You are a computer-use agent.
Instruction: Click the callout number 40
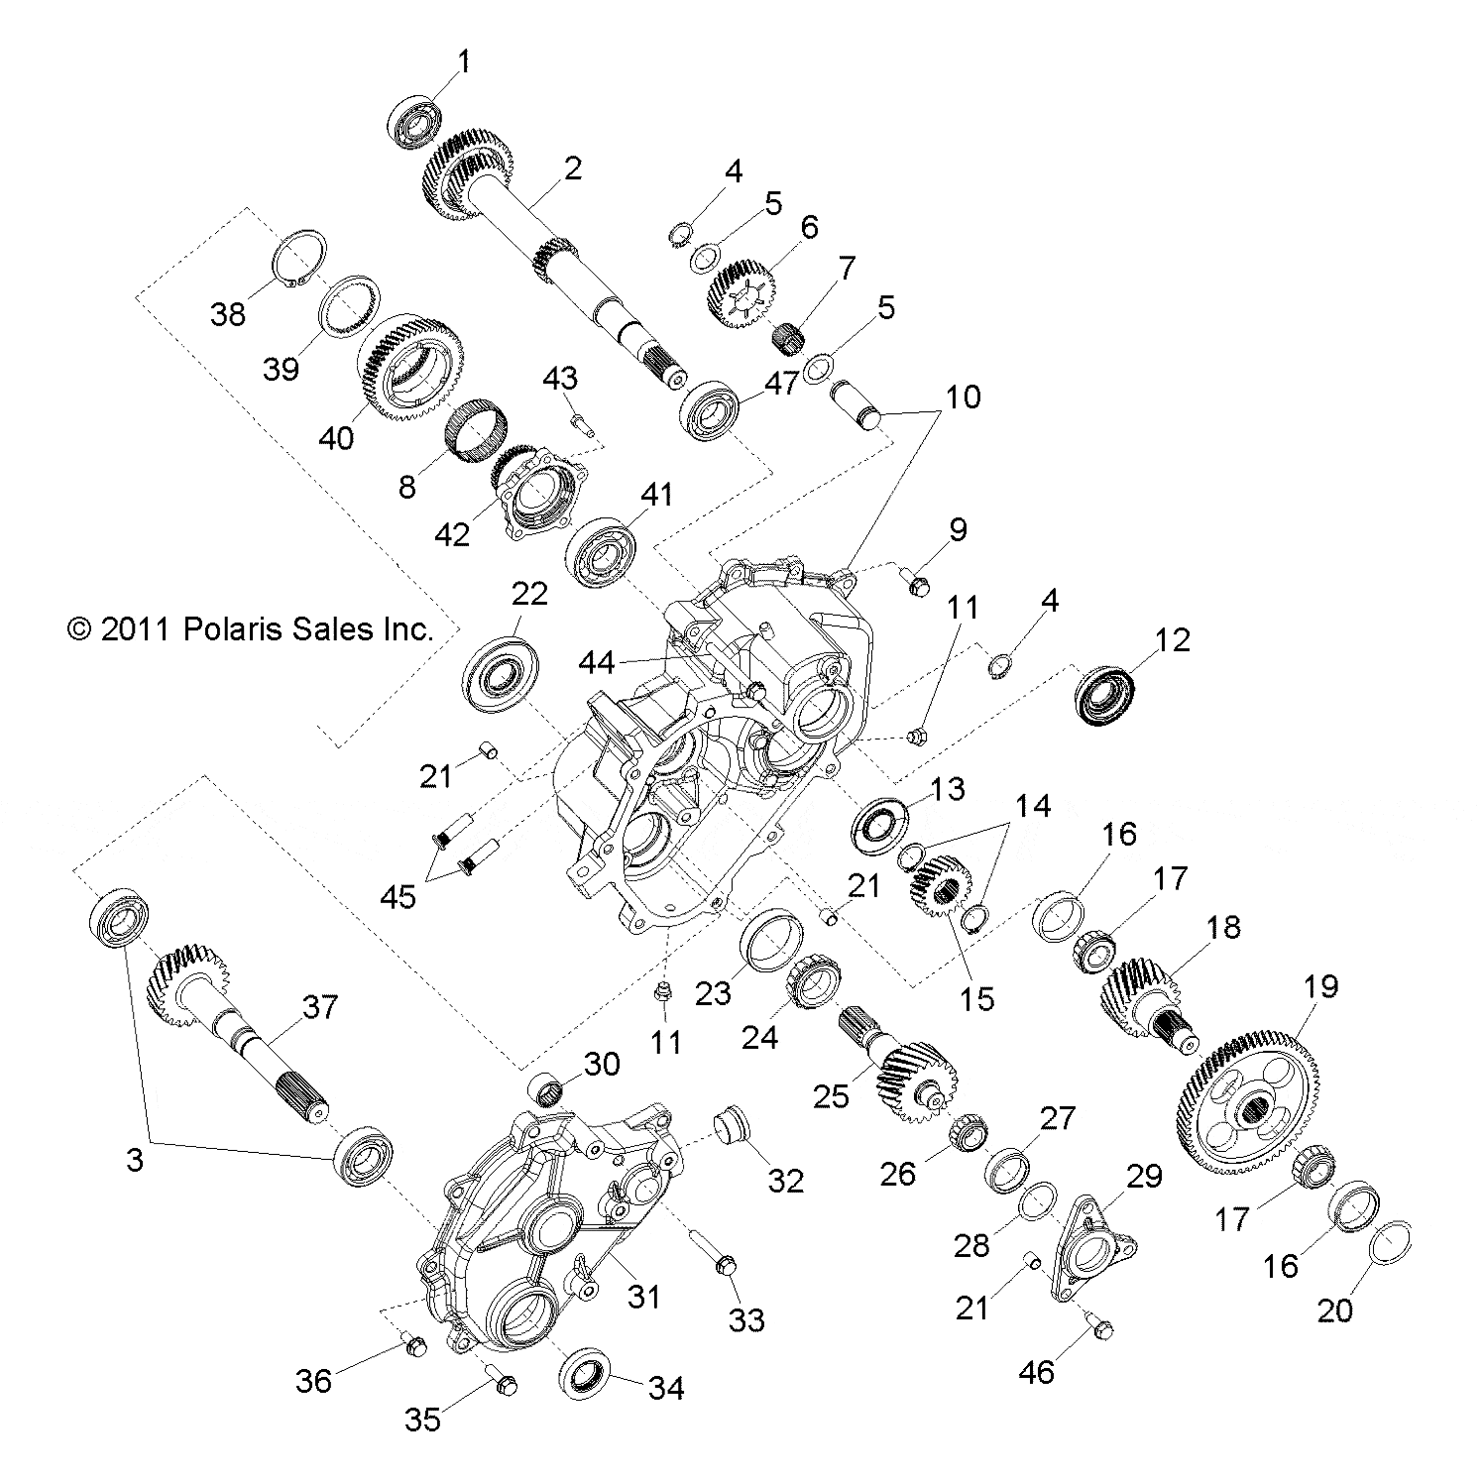point(337,437)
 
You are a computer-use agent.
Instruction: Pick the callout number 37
point(320,1008)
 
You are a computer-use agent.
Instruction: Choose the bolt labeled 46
point(1101,1327)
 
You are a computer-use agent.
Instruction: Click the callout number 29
point(1143,1177)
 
